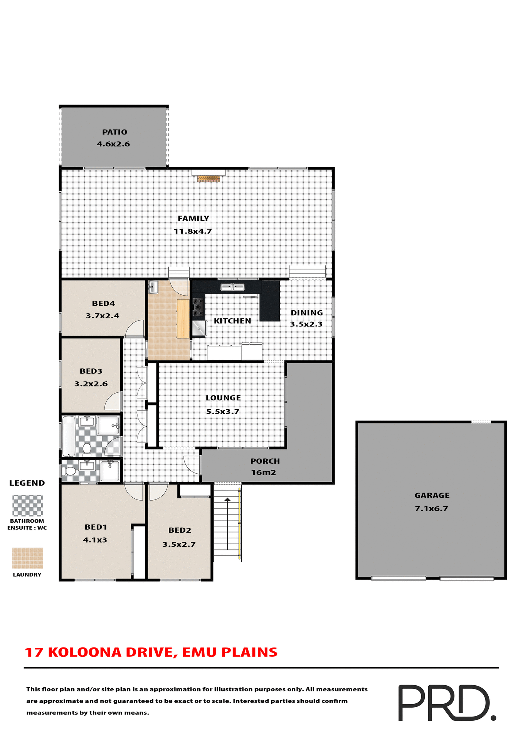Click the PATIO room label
click(x=114, y=132)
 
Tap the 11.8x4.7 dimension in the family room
click(x=193, y=231)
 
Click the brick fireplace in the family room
click(x=208, y=178)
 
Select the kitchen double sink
click(x=232, y=287)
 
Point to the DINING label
click(x=307, y=313)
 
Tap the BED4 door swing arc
click(x=135, y=328)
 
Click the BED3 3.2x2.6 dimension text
click(x=91, y=384)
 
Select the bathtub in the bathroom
click(x=69, y=436)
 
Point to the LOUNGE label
click(x=223, y=398)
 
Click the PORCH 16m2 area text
click(x=264, y=473)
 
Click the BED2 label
click(x=180, y=530)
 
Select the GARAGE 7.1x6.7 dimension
click(x=431, y=509)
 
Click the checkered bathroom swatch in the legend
click(x=27, y=505)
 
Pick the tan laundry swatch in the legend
click(x=27, y=558)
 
